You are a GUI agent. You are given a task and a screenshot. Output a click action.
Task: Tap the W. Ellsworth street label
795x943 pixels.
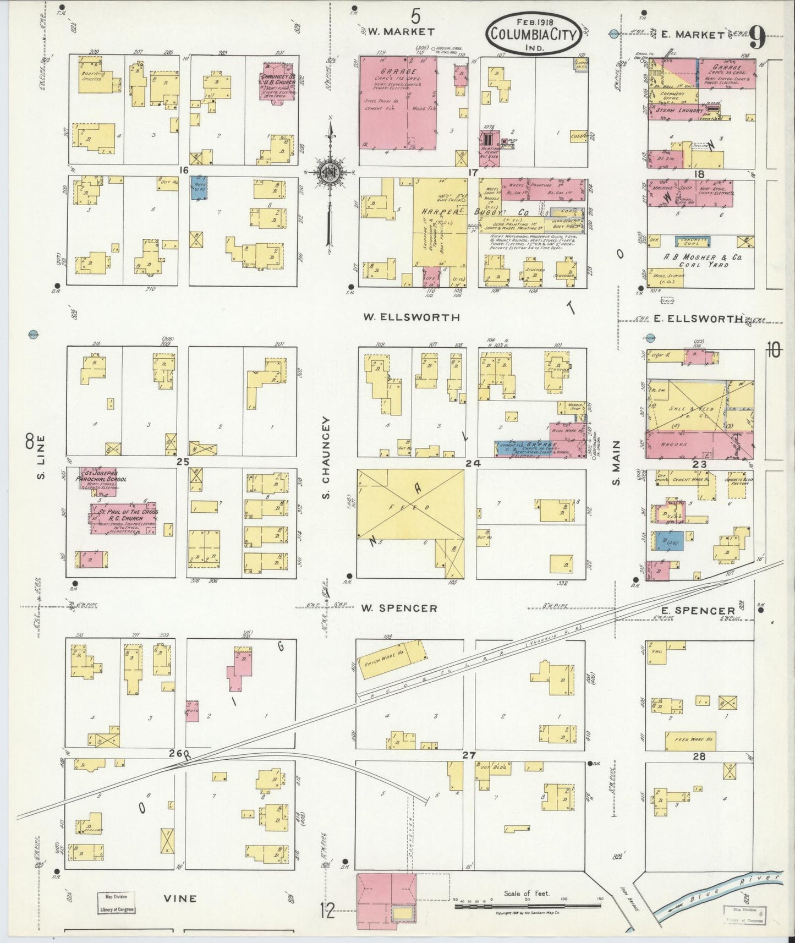click(x=412, y=317)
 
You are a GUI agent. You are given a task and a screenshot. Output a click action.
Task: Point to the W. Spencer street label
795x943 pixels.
click(x=399, y=608)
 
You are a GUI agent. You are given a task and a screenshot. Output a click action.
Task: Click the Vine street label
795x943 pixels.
click(x=180, y=898)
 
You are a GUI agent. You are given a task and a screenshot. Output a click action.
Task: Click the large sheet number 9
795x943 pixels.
click(x=758, y=39)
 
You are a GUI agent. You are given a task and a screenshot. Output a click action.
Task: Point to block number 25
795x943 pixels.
click(x=183, y=462)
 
